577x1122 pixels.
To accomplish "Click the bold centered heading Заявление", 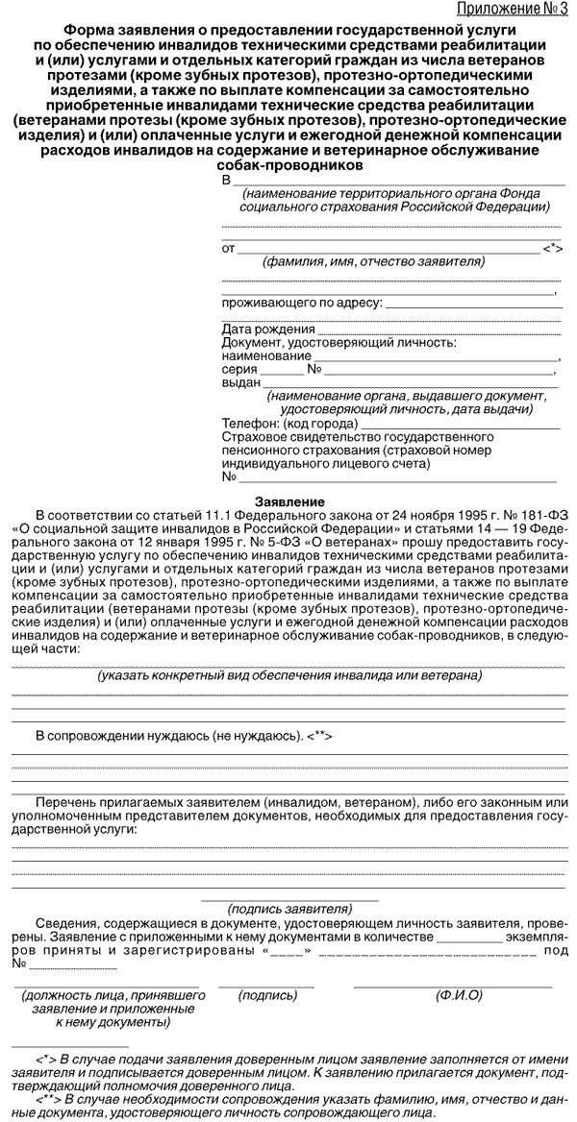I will click(288, 501).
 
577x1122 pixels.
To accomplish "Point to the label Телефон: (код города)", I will click(289, 423).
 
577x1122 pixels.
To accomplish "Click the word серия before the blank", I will click(239, 369).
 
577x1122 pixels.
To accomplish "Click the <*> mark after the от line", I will click(552, 248).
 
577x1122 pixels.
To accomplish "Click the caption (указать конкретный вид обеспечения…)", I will click(288, 675).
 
